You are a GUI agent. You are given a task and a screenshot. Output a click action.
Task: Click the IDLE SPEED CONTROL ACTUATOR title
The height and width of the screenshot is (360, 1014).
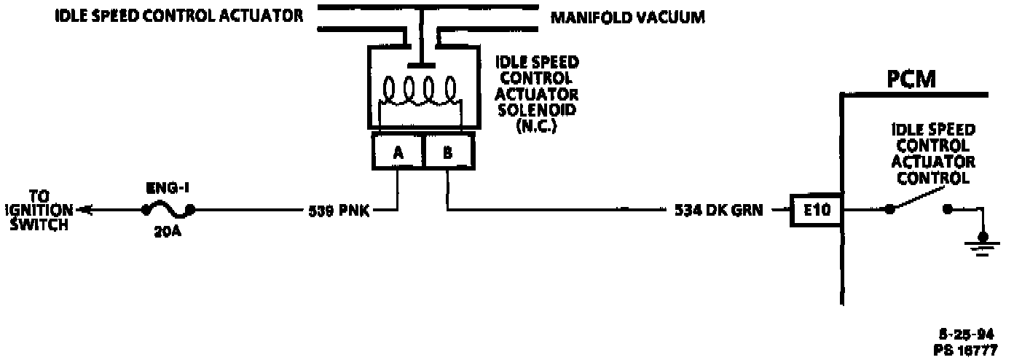pyautogui.click(x=179, y=16)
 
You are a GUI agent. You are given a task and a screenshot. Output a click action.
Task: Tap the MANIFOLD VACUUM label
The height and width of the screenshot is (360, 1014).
pyautogui.click(x=627, y=17)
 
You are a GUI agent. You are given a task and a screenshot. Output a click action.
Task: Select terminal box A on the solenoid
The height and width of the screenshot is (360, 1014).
pyautogui.click(x=398, y=153)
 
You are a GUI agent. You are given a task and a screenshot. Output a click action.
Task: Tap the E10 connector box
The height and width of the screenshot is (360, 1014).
pyautogui.click(x=816, y=211)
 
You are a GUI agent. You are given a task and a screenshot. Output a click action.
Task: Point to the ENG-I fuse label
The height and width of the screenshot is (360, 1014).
pyautogui.click(x=168, y=188)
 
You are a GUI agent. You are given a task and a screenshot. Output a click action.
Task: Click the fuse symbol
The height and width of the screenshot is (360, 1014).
pyautogui.click(x=168, y=211)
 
